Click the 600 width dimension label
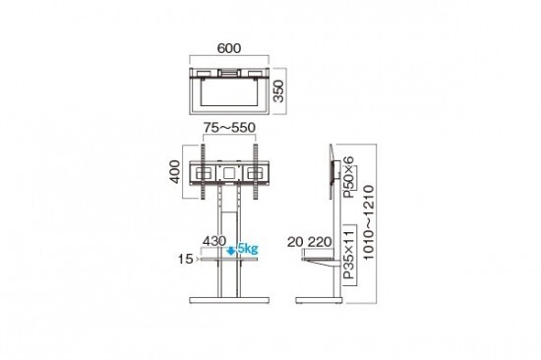[x=229, y=48]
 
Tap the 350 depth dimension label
[x=278, y=91]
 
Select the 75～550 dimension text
[x=229, y=128]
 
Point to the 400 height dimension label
[x=175, y=171]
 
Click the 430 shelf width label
[x=214, y=241]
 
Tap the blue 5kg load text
[x=248, y=248]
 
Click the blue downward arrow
[x=231, y=251]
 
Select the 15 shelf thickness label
[x=185, y=259]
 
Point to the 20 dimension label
[x=295, y=242]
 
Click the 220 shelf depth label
[x=320, y=242]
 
